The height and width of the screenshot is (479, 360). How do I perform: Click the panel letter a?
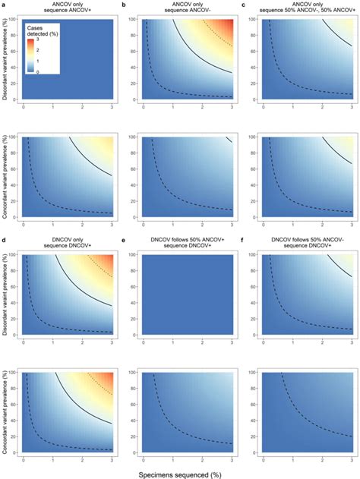pos(3,5)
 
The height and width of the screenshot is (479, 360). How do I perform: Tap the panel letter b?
pos(126,5)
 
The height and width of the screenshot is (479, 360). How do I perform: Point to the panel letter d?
pos(3,241)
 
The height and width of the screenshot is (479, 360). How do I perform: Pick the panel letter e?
pos(126,241)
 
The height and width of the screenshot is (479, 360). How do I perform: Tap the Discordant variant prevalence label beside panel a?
pos(6,61)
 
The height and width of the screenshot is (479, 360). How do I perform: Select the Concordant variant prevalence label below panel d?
pos(6,414)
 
